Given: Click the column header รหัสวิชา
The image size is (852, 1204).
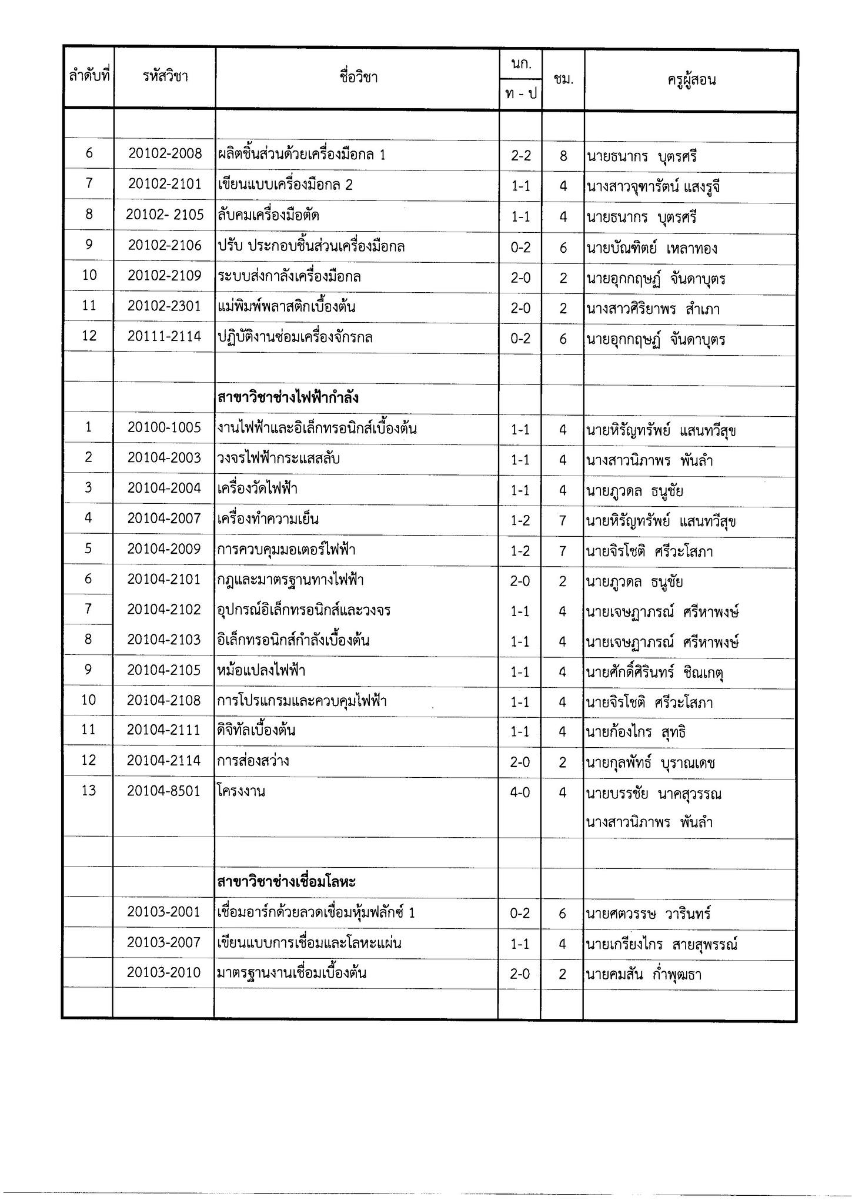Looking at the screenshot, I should click(165, 76).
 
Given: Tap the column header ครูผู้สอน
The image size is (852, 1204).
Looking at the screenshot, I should click(691, 80).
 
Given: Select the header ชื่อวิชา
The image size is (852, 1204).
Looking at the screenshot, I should click(358, 77).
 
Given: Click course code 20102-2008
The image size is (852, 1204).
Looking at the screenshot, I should click(165, 154).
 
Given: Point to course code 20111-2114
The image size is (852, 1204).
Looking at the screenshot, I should click(165, 337).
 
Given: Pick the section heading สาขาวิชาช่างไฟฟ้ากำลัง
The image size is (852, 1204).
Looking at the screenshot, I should click(288, 398).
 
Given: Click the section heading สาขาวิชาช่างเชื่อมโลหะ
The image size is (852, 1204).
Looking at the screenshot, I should click(286, 882).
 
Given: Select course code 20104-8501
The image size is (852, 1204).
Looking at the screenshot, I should click(165, 791).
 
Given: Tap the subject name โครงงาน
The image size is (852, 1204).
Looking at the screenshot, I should click(241, 791).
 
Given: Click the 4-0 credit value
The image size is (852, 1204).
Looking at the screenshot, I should click(520, 792).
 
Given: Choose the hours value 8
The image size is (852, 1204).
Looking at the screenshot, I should click(563, 156).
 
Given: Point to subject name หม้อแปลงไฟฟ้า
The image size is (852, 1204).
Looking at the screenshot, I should click(261, 671).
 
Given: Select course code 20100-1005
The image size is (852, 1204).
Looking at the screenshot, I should click(165, 428).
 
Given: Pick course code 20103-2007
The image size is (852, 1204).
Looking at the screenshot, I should click(165, 944).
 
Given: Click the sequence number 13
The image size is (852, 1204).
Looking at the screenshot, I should click(89, 791).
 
